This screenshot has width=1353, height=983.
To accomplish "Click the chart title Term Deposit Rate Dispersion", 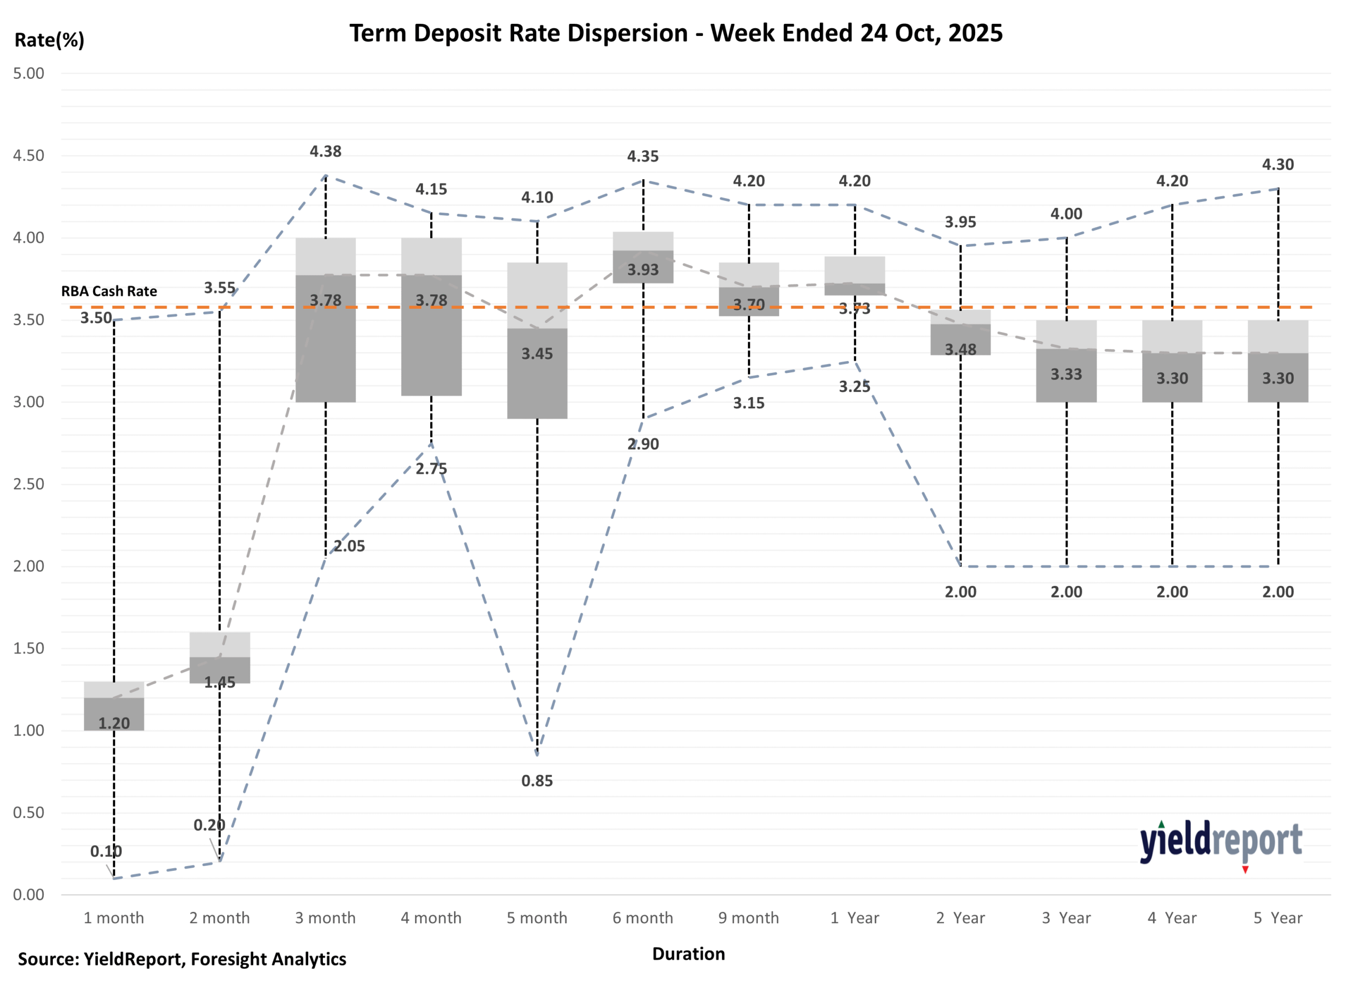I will (675, 33).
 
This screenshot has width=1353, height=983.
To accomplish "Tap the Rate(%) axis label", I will (50, 40).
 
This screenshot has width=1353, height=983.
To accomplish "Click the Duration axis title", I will (689, 953).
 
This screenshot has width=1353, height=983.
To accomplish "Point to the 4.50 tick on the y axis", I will (29, 156).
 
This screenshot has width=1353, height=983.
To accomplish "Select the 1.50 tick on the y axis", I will (29, 648).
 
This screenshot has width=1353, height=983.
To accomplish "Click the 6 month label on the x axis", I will (643, 917).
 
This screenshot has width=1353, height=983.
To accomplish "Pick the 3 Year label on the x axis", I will (1066, 917).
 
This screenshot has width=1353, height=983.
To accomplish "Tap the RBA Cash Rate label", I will (109, 291).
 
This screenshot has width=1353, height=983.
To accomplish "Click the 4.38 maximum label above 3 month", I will (325, 152).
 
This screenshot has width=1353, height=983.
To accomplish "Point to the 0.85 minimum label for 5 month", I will (537, 780).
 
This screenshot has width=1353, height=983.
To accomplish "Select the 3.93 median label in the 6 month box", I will (643, 270).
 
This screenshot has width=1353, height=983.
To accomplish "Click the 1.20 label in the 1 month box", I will (114, 723).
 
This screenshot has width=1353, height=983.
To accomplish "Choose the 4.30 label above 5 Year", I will (1278, 165).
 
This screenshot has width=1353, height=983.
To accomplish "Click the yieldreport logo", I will (1220, 843).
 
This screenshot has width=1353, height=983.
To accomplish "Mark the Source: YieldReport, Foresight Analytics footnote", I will (182, 959).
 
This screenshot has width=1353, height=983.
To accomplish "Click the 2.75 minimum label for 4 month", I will (431, 468).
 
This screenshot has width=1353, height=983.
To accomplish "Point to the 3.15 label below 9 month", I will (749, 403).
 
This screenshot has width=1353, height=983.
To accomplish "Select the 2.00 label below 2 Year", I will (960, 592).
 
